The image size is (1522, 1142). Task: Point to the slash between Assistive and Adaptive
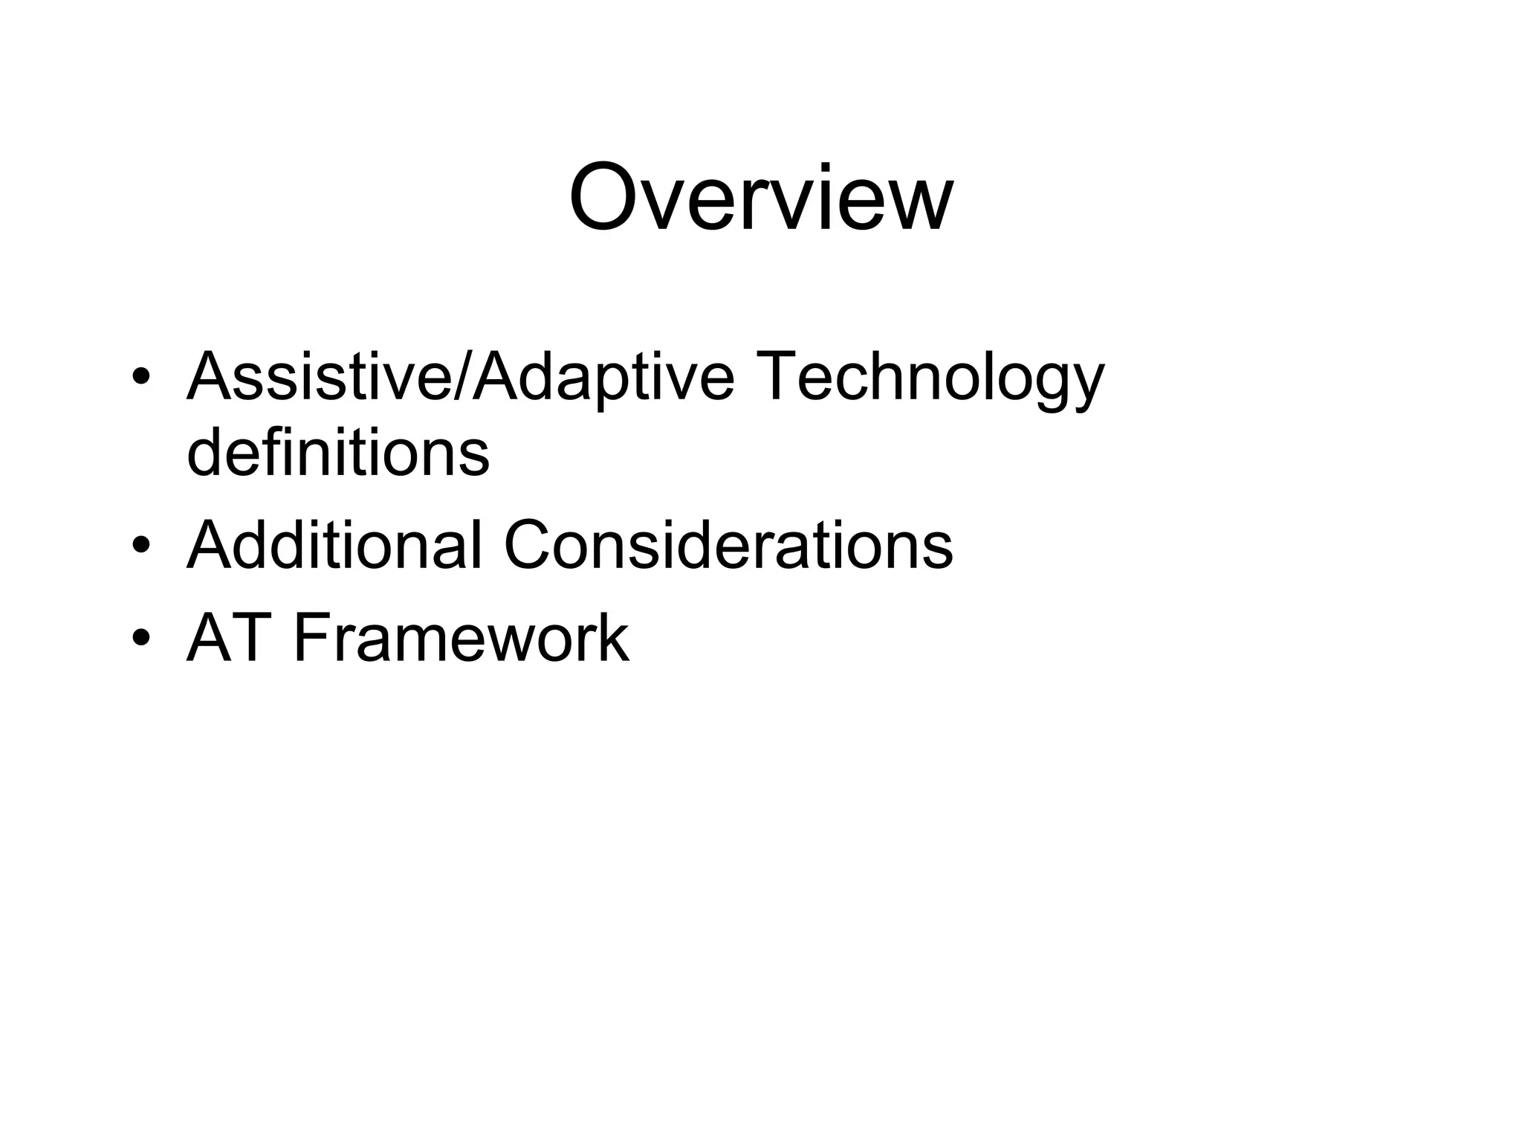click(462, 377)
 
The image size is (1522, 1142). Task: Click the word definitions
click(338, 453)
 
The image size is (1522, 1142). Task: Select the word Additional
click(334, 545)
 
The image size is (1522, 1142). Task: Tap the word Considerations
click(728, 545)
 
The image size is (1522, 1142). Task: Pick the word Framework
click(462, 637)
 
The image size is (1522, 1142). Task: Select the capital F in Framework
click(312, 637)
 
